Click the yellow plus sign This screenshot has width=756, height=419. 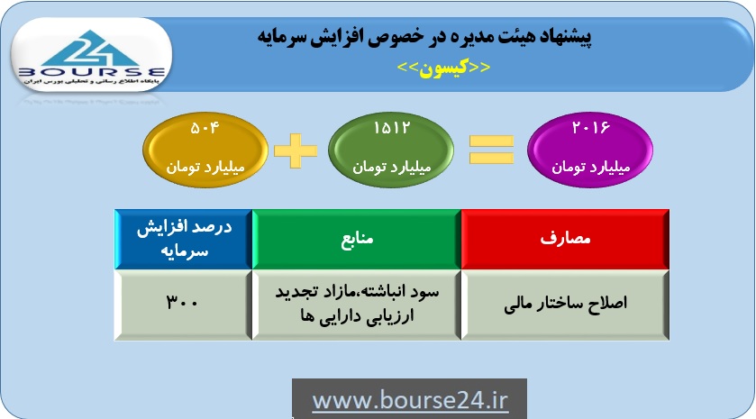[x=296, y=150]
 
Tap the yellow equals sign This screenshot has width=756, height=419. [x=491, y=150]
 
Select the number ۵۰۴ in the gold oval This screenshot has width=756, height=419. [x=205, y=128]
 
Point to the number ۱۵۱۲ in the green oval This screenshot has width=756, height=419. [x=391, y=128]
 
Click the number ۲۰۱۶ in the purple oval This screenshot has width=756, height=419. [x=590, y=128]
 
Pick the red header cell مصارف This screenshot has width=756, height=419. [x=565, y=239]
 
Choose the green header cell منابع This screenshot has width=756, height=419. [x=357, y=239]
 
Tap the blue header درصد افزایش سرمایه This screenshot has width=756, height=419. [x=183, y=239]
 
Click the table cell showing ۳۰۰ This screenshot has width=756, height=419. [x=183, y=305]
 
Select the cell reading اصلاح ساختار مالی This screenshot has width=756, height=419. [x=565, y=305]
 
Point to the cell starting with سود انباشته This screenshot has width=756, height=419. [x=357, y=305]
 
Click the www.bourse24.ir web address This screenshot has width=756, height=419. [x=410, y=401]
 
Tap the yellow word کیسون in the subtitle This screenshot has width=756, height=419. [x=443, y=68]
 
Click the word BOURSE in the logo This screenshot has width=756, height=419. [x=92, y=73]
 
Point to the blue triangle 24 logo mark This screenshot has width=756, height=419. [x=91, y=49]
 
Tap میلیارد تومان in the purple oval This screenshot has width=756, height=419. [x=590, y=168]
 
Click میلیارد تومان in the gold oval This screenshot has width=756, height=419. [x=205, y=168]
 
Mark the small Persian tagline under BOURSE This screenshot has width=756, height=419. [x=92, y=82]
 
